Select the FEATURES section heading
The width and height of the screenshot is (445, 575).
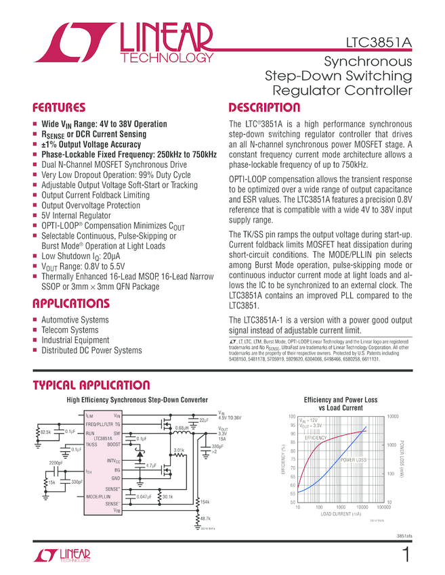(x=60, y=108)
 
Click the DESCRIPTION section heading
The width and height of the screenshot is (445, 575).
(x=264, y=108)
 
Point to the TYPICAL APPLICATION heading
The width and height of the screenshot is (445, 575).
(x=91, y=386)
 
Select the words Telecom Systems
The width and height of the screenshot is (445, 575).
(x=70, y=330)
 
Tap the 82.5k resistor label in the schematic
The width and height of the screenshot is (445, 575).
(x=46, y=431)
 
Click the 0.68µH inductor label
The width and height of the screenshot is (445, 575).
(x=180, y=428)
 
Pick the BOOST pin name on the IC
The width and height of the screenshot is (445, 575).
(x=114, y=444)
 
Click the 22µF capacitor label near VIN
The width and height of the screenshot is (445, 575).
(x=203, y=420)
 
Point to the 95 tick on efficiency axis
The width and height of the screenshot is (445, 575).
(x=293, y=425)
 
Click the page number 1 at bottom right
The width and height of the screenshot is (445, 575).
(x=406, y=556)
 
